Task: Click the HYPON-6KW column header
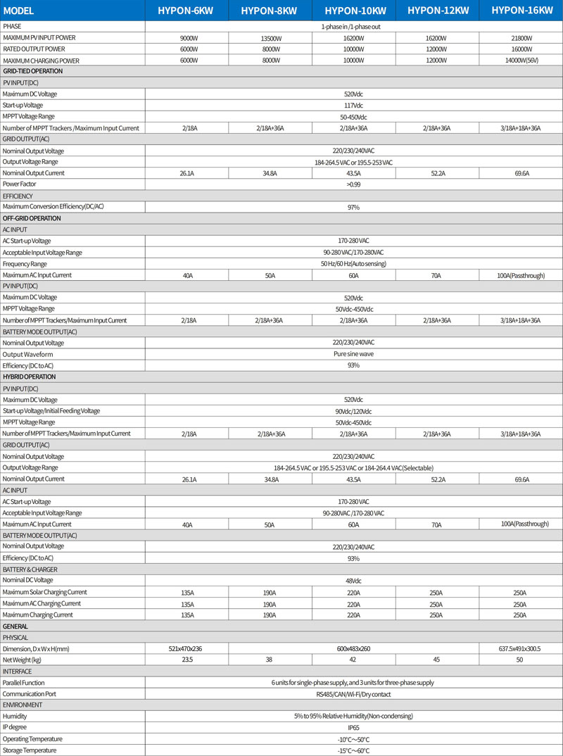click(186, 11)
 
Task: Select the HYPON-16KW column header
click(517, 11)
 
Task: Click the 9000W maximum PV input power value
click(187, 37)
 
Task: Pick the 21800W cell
click(519, 37)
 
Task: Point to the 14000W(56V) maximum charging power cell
click(519, 61)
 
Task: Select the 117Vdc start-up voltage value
click(353, 105)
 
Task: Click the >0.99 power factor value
click(353, 184)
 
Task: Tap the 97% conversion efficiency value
click(353, 207)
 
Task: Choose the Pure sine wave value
click(353, 354)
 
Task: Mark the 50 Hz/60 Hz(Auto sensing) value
click(353, 263)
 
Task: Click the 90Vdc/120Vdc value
click(353, 410)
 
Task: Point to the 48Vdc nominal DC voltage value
click(353, 581)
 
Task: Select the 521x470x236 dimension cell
click(187, 648)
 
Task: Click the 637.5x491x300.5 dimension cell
click(519, 648)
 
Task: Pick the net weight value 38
click(270, 660)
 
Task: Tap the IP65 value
click(353, 727)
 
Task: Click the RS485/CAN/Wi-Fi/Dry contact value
click(353, 693)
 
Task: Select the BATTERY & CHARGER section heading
click(30, 569)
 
